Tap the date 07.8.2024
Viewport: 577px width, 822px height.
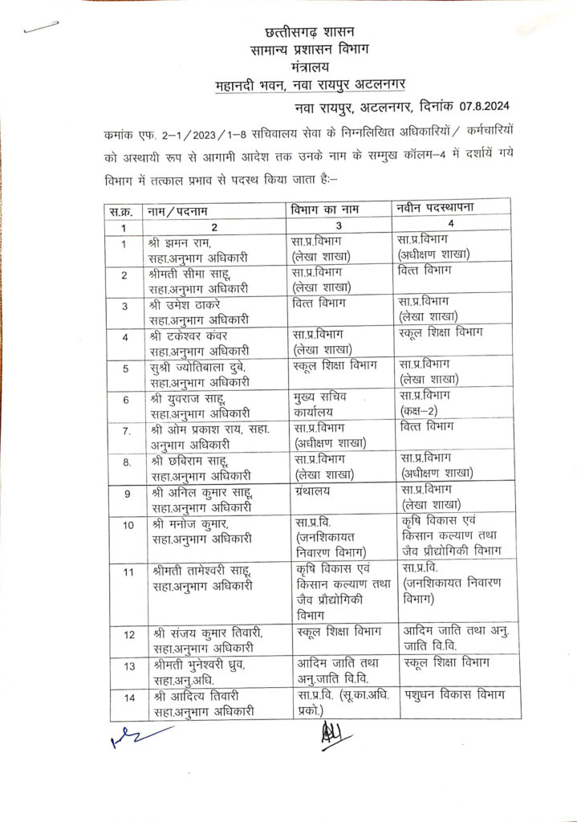(480, 105)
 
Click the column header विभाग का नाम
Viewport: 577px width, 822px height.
(323, 210)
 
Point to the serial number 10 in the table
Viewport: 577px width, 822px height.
(128, 525)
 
